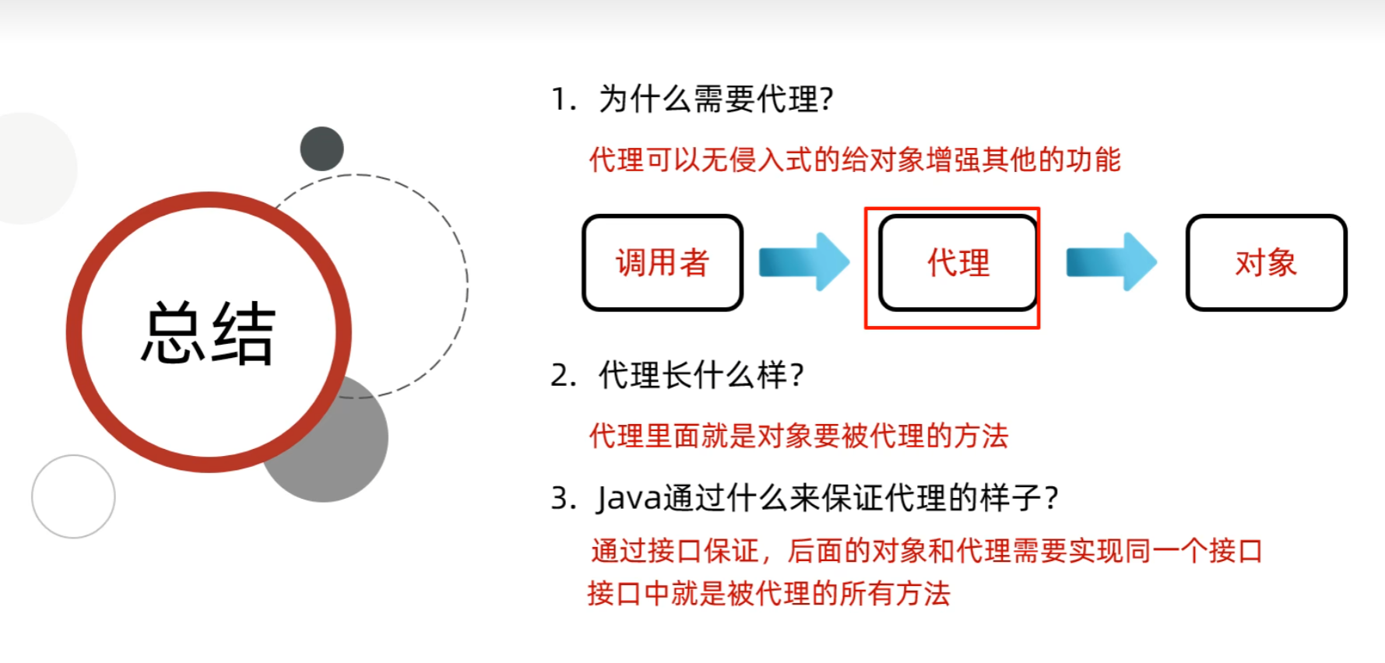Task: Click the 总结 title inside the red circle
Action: pyautogui.click(x=208, y=333)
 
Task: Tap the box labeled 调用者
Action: pyautogui.click(x=663, y=263)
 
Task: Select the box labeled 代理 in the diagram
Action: pyautogui.click(x=958, y=263)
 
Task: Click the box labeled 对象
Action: pyautogui.click(x=1266, y=263)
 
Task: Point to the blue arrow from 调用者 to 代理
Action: pyautogui.click(x=804, y=261)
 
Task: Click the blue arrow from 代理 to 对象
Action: pyautogui.click(x=1111, y=261)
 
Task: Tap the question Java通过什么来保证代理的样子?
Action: pyautogui.click(x=827, y=498)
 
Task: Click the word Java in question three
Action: pyautogui.click(x=629, y=498)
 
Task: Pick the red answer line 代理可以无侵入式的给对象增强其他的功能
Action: pyautogui.click(x=854, y=160)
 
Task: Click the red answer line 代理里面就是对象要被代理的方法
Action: pyautogui.click(x=798, y=436)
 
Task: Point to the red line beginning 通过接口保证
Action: pyautogui.click(x=926, y=551)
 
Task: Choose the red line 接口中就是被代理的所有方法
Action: pyautogui.click(x=768, y=594)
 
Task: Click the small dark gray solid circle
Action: pyautogui.click(x=322, y=149)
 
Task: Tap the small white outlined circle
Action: pyautogui.click(x=73, y=496)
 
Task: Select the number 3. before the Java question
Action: pyautogui.click(x=563, y=498)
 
